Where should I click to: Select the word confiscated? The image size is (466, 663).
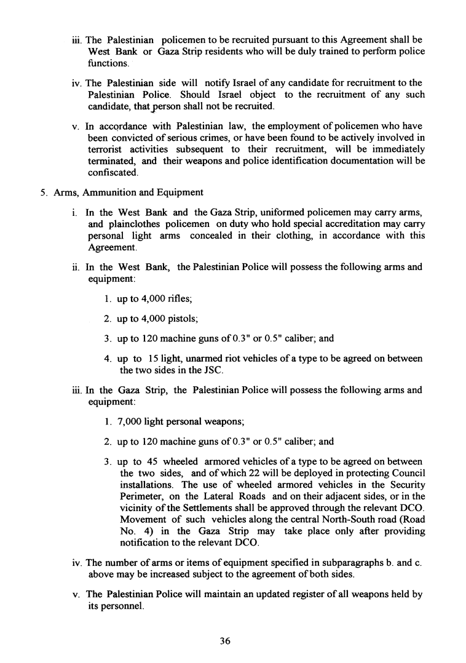click(x=109, y=173)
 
